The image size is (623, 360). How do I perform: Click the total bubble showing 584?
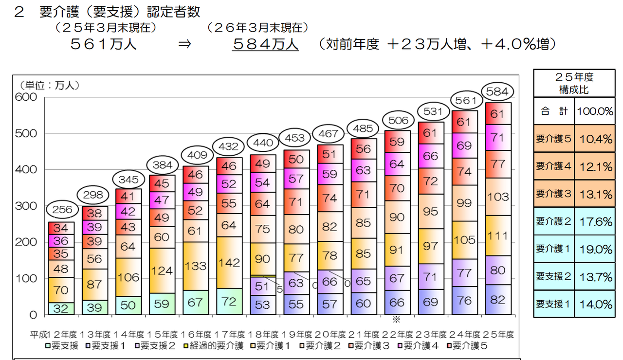pyautogui.click(x=497, y=92)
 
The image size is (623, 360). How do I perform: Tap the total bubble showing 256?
pyautogui.click(x=62, y=209)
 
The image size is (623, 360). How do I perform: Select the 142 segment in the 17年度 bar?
pyautogui.click(x=229, y=263)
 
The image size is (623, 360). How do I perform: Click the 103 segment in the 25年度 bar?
pyautogui.click(x=498, y=197)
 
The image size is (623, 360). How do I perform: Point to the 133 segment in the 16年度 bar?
pyautogui.click(x=196, y=266)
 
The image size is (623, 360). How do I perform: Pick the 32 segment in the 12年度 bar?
pyautogui.click(x=61, y=308)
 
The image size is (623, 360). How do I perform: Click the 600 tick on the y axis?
pyautogui.click(x=26, y=97)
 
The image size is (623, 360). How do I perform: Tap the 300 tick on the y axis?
pyautogui.click(x=26, y=206)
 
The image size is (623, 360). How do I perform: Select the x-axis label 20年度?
pyautogui.click(x=330, y=334)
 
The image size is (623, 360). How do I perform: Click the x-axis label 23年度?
pyautogui.click(x=431, y=334)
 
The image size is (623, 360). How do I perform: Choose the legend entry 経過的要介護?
pyautogui.click(x=214, y=346)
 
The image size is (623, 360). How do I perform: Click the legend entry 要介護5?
pyautogui.click(x=467, y=346)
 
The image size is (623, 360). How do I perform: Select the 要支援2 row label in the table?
pyautogui.click(x=554, y=276)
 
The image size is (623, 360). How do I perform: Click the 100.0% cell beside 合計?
pyautogui.click(x=595, y=111)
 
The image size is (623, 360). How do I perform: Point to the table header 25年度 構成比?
pyautogui.click(x=574, y=83)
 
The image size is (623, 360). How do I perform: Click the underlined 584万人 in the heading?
pyautogui.click(x=265, y=44)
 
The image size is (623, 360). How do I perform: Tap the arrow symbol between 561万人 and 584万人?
pyautogui.click(x=185, y=44)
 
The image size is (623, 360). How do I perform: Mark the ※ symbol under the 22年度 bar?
pyautogui.click(x=396, y=320)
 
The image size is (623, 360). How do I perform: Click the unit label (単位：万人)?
pyautogui.click(x=50, y=85)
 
